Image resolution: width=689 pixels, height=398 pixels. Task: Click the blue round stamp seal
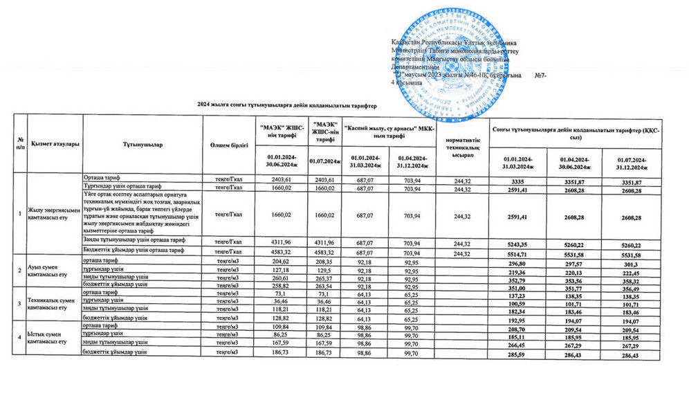click(x=450, y=64)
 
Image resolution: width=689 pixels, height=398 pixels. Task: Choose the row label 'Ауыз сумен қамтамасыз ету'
click(x=47, y=271)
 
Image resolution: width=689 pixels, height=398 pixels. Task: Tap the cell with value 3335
click(x=522, y=181)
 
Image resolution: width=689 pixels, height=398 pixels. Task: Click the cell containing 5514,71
click(x=522, y=255)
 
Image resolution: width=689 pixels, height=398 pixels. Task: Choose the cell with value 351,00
click(x=522, y=327)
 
